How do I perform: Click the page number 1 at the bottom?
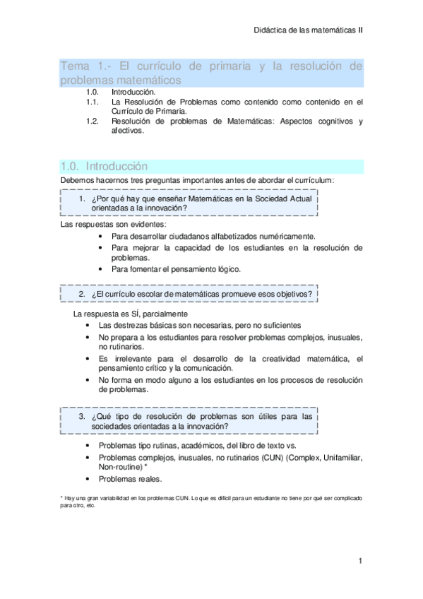[x=359, y=562]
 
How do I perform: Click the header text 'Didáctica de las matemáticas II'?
[x=308, y=32]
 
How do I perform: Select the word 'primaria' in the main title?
[x=232, y=66]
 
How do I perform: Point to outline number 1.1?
[x=93, y=102]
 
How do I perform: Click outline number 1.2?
[x=93, y=121]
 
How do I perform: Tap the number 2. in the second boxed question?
[x=83, y=294]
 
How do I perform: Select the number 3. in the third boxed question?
[x=83, y=417]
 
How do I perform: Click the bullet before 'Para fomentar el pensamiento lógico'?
[x=102, y=269]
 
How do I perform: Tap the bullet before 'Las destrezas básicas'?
[x=86, y=325]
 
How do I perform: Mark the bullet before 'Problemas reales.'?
[x=86, y=479]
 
